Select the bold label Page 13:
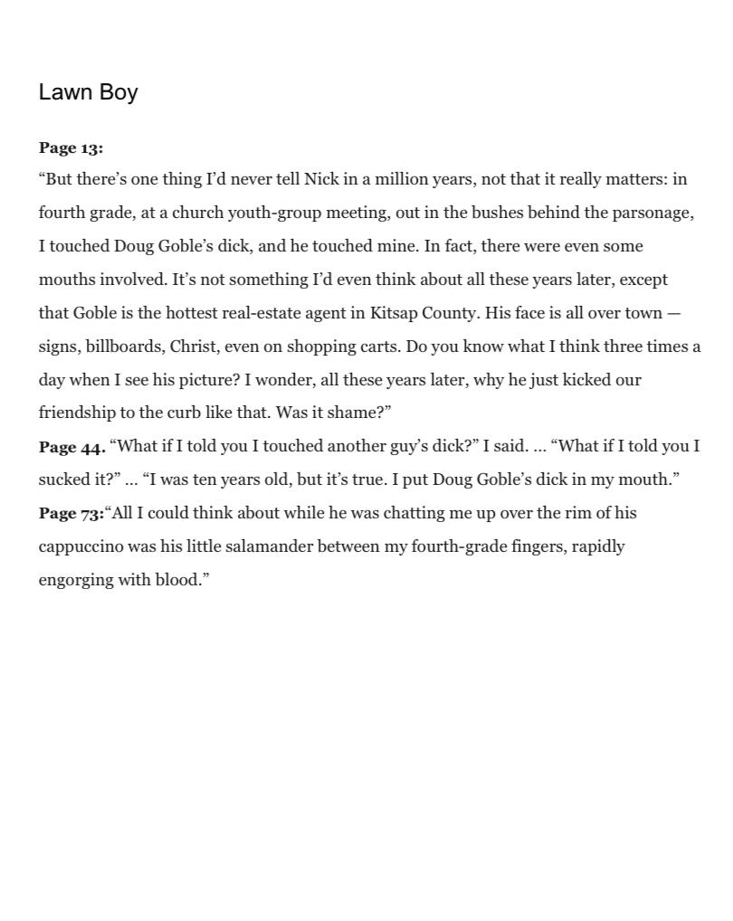71,147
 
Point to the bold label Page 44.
71,447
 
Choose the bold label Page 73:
71,514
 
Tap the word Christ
193,347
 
